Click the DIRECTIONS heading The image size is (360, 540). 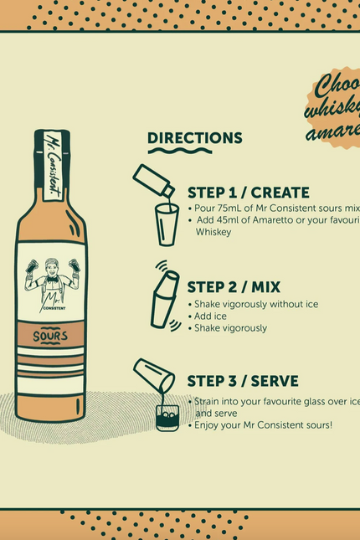tap(194, 138)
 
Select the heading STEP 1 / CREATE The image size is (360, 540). tap(248, 193)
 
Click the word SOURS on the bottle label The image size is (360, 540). tap(50, 337)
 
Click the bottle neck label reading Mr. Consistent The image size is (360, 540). tap(52, 164)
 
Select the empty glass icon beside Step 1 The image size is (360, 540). tap(167, 224)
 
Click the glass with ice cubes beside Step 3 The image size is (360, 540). tap(167, 417)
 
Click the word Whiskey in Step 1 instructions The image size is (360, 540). tap(213, 232)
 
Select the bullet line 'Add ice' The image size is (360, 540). tap(210, 316)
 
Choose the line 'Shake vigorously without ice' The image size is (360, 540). tap(255, 305)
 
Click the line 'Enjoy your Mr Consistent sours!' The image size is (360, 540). tap(263, 425)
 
